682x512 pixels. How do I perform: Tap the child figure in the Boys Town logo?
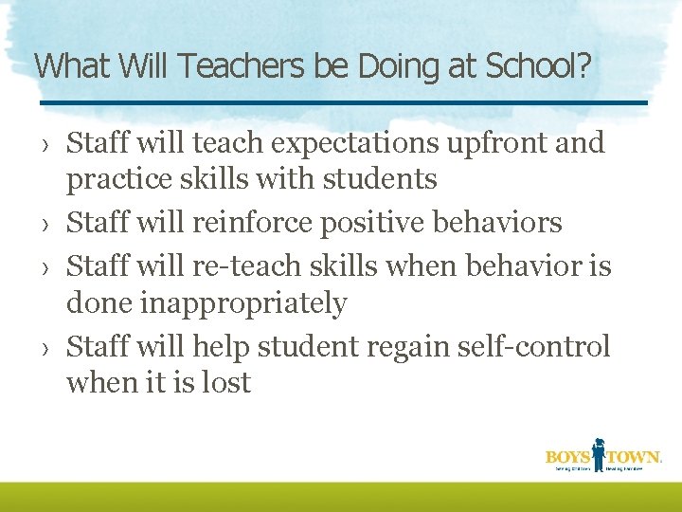(599, 452)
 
